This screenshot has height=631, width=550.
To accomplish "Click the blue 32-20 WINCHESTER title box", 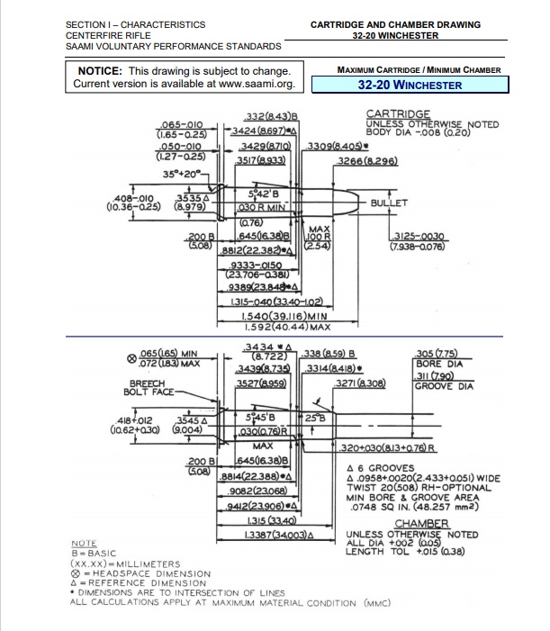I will [410, 86].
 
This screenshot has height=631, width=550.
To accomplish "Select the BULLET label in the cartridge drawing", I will [389, 203].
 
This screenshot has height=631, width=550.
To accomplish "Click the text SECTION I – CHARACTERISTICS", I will [136, 24].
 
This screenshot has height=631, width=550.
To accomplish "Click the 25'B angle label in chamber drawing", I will [312, 419].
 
